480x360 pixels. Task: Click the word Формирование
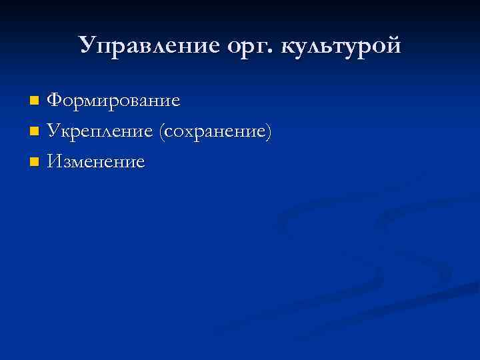coord(114,101)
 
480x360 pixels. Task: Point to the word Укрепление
coord(100,131)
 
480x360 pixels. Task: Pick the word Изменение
coord(96,161)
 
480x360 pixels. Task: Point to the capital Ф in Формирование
coord(55,101)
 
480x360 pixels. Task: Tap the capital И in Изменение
coord(56,161)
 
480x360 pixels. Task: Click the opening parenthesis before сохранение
coord(161,132)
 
